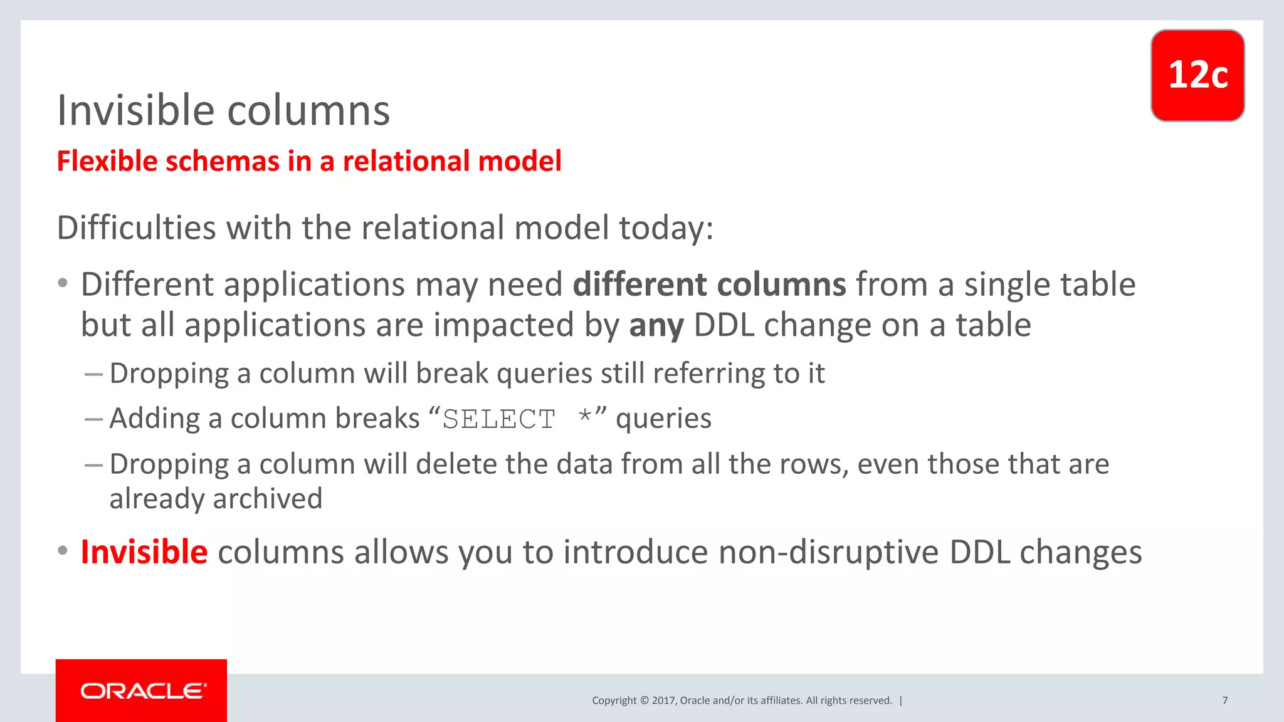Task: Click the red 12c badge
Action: point(1197,75)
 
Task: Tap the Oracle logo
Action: point(142,691)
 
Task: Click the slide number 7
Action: point(1224,700)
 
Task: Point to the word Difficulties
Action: point(136,228)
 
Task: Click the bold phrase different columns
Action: point(709,285)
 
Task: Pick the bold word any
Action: point(656,325)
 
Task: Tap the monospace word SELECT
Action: point(499,419)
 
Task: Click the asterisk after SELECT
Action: point(586,416)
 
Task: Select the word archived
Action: point(268,499)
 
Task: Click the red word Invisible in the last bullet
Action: point(144,552)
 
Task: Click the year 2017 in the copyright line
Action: point(663,701)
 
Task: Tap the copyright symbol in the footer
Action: point(644,701)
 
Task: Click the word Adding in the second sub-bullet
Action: point(154,419)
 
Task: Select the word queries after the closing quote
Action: point(663,419)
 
